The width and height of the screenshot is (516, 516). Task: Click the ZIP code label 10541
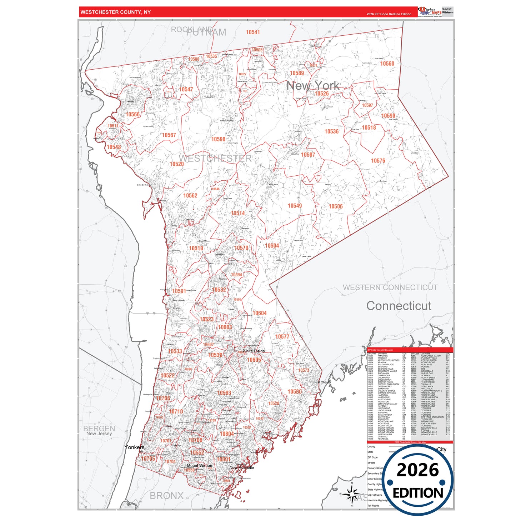click(x=253, y=32)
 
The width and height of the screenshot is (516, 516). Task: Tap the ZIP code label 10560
click(x=387, y=64)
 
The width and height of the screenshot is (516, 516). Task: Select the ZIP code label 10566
click(x=133, y=114)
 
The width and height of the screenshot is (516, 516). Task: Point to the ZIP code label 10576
click(x=378, y=161)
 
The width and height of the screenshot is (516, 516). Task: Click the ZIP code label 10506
click(x=336, y=206)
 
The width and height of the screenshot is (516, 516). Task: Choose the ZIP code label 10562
click(x=190, y=196)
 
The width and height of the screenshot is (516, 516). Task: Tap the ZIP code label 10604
click(x=260, y=313)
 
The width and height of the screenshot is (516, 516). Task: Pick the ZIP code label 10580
click(x=295, y=392)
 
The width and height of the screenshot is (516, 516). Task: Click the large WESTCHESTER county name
click(x=215, y=158)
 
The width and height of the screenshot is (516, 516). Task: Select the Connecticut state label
click(x=399, y=306)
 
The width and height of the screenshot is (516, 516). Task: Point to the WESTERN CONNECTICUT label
click(x=390, y=287)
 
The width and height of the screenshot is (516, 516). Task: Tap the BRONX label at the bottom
click(x=166, y=496)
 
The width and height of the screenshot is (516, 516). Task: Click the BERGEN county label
click(x=99, y=428)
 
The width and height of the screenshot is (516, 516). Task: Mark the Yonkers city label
click(x=135, y=447)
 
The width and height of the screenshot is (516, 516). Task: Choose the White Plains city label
click(x=254, y=351)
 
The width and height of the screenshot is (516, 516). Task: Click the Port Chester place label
click(x=322, y=382)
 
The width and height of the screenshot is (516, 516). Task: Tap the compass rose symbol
click(x=352, y=495)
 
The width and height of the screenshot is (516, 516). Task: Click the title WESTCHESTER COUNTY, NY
click(x=115, y=12)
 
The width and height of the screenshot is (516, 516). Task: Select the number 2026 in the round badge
click(x=417, y=470)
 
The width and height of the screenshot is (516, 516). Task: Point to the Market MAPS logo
click(x=430, y=12)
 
